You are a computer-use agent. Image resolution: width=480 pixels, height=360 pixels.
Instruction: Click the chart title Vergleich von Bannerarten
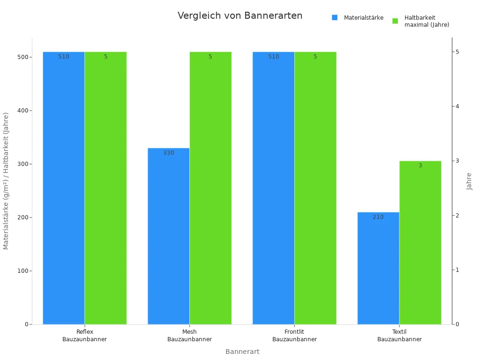[240, 15]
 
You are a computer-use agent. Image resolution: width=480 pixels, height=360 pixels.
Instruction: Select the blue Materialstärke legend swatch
[335, 18]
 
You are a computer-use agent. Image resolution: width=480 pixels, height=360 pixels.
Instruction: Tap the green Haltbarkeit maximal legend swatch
[395, 21]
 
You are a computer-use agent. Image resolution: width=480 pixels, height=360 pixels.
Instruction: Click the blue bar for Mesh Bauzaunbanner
[168, 236]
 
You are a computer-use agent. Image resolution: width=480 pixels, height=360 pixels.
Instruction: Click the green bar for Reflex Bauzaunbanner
[105, 188]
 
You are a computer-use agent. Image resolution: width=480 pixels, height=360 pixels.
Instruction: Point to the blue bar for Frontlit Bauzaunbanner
[273, 188]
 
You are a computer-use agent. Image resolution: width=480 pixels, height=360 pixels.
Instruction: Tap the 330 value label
[169, 153]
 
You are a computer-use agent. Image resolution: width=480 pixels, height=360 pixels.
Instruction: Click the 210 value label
[378, 217]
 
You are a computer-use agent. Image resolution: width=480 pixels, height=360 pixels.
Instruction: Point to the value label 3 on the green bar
[420, 165]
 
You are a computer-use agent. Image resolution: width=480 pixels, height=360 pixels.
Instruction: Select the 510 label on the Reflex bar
[64, 57]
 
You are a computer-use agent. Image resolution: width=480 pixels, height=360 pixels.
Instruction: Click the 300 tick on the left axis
[22, 164]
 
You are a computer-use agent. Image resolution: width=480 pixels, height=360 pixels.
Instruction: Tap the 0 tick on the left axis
[27, 324]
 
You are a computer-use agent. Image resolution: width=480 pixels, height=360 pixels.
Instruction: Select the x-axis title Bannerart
[242, 352]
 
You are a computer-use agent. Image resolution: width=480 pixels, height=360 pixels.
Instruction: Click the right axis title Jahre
[469, 181]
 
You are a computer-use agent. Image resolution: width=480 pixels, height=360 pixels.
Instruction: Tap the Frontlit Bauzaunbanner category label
[294, 336]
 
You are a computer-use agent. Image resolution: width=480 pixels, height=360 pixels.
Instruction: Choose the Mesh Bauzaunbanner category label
[189, 336]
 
